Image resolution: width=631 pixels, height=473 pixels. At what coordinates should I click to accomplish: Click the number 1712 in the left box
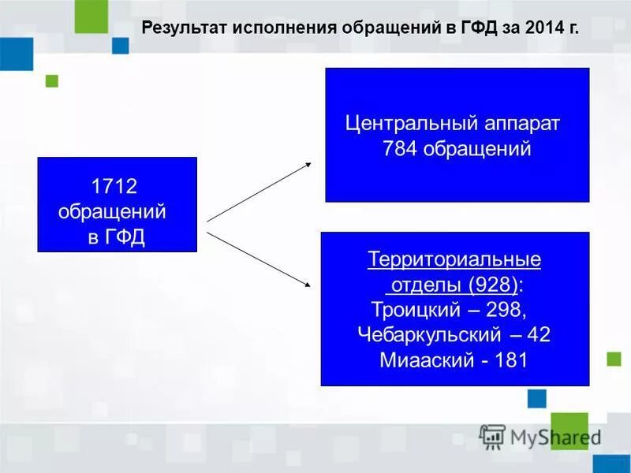(114, 187)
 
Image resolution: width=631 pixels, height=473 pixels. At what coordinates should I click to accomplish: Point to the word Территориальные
(454, 259)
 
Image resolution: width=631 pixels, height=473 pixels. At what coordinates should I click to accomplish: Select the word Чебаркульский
(428, 334)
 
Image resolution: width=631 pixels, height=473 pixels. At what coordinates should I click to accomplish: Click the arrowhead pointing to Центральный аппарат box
(308, 165)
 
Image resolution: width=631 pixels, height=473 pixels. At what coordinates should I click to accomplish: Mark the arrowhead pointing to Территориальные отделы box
(307, 286)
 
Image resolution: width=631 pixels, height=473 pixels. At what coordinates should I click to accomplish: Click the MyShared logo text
(551, 436)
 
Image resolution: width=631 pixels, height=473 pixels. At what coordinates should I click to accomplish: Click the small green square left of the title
(52, 80)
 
